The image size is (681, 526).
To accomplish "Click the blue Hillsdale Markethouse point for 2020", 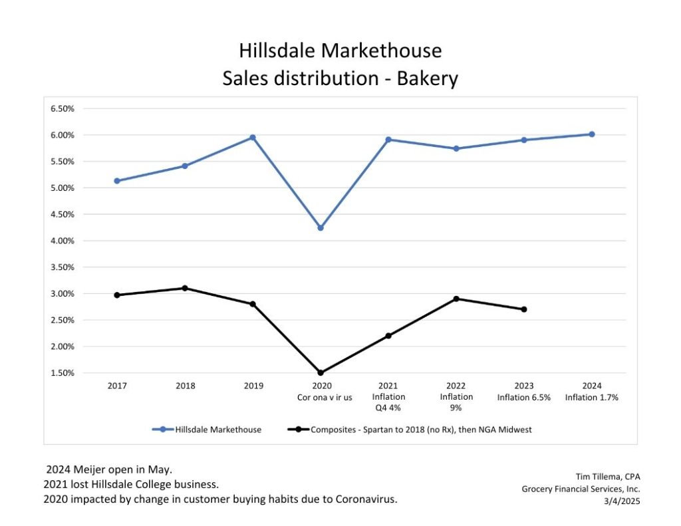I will (321, 228).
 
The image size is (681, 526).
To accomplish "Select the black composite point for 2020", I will (321, 373).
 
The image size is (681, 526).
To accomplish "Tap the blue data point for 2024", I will (592, 134).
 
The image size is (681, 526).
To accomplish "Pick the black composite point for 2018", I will (185, 288).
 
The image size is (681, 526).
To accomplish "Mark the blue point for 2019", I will (253, 138).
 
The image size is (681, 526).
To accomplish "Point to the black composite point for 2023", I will (524, 309).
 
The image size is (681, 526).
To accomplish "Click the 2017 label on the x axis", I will (117, 386).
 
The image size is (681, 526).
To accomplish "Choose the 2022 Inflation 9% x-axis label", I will (456, 397).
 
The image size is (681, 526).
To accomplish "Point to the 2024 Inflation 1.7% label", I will (591, 392).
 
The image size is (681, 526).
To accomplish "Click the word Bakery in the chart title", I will (428, 79).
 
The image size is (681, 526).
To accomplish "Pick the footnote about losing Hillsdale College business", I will (131, 485).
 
